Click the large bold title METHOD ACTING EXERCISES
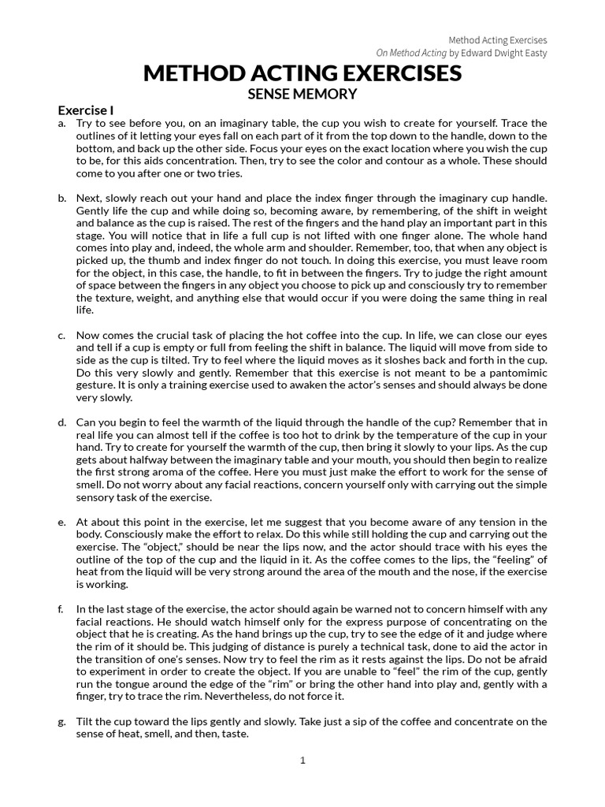302,74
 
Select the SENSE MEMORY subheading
302,95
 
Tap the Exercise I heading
87,110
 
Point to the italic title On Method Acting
412,53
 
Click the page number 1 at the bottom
302,761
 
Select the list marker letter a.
61,124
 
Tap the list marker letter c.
61,336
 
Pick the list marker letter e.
61,522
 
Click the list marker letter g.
61,721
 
